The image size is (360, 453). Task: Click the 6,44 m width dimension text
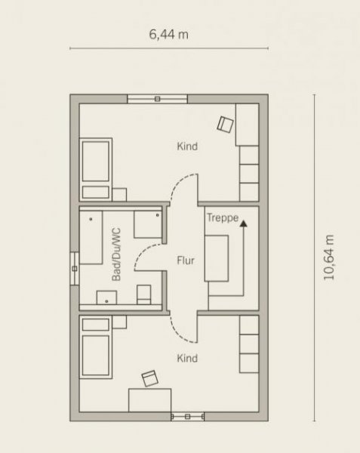click(169, 35)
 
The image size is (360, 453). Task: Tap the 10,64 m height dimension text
click(329, 257)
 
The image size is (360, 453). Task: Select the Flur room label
click(186, 260)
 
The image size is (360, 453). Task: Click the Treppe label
click(223, 218)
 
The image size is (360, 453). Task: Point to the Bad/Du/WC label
click(116, 254)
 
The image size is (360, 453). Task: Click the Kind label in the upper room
click(187, 146)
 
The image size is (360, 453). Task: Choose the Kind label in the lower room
click(187, 358)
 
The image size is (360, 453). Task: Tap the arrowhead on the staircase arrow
click(244, 223)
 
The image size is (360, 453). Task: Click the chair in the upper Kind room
click(225, 125)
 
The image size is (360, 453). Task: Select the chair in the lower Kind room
click(150, 378)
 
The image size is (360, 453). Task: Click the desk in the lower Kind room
click(150, 400)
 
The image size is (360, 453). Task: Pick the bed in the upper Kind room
click(96, 170)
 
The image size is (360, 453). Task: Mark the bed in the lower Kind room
click(96, 347)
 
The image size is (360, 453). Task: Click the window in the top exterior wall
click(157, 99)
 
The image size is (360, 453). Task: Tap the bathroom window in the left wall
click(75, 269)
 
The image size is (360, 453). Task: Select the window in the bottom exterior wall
click(188, 417)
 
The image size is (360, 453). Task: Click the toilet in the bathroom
click(143, 294)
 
